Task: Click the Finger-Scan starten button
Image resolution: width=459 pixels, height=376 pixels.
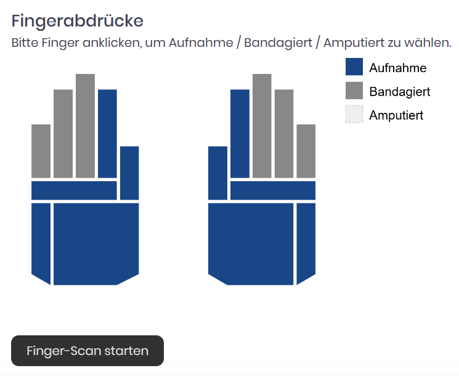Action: coord(87,351)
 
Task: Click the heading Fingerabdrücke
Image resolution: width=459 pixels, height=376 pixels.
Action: coord(77,21)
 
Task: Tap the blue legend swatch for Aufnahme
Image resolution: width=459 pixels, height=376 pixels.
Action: coord(354,67)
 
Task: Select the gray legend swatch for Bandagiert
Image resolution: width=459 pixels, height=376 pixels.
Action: coord(354,91)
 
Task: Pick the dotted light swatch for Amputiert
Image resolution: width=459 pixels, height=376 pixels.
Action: coord(354,114)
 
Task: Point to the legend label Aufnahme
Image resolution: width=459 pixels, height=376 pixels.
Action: coord(397,68)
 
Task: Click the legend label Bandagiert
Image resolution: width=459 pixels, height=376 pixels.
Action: coord(400,92)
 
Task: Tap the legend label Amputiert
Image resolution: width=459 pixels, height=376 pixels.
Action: coord(396,115)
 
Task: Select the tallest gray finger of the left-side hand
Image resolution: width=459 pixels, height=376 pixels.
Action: coord(85,126)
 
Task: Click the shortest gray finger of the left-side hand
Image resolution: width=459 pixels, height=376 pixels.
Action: coord(41,151)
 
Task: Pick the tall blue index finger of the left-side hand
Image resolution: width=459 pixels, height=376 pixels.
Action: coord(107,134)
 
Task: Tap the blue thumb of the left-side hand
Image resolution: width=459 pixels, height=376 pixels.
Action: coord(129,173)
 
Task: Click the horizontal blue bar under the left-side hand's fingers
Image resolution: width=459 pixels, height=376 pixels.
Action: coord(74,190)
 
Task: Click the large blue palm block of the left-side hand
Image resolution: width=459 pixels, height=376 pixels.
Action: coord(96,244)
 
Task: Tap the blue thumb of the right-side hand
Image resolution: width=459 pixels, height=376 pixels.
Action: coord(217,173)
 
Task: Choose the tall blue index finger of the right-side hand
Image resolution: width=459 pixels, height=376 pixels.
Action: coord(240,134)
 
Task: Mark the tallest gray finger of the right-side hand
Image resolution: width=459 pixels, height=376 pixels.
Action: coord(262,126)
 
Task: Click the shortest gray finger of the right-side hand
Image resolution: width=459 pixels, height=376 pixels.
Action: coord(306,151)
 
